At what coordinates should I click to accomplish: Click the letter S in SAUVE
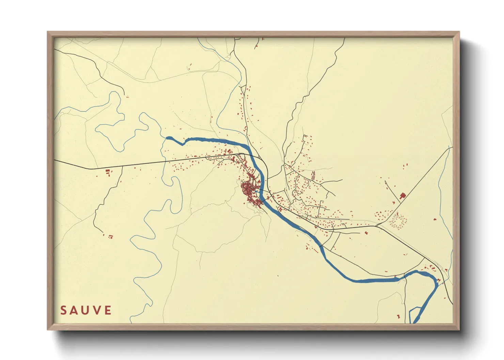[63, 310]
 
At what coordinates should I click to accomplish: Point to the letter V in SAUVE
[97, 310]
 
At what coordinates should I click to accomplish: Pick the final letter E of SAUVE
[108, 310]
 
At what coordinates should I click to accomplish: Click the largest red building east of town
[403, 196]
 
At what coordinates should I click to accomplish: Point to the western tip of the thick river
[167, 138]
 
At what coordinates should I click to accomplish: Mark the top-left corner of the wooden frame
[48, 32]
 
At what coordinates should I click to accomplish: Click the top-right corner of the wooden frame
[459, 32]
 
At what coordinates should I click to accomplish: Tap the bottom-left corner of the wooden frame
[48, 329]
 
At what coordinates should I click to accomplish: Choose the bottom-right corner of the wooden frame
[459, 329]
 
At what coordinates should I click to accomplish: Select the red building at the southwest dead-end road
[110, 236]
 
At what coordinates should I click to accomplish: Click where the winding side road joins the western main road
[122, 167]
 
